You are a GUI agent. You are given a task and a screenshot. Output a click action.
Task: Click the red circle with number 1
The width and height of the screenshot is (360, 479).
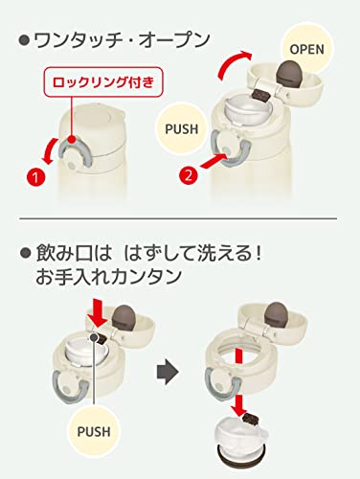[34, 175]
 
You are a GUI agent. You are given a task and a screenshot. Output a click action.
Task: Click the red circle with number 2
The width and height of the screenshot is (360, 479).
[190, 175]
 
